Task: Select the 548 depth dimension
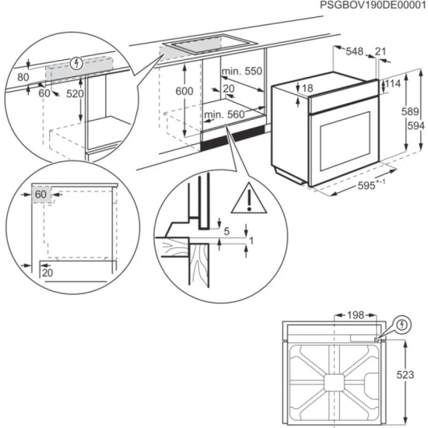[355, 51]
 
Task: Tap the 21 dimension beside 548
[380, 51]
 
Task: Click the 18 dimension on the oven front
[307, 89]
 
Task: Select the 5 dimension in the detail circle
[226, 230]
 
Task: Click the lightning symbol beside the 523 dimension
[402, 324]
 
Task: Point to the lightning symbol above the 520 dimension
[75, 62]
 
